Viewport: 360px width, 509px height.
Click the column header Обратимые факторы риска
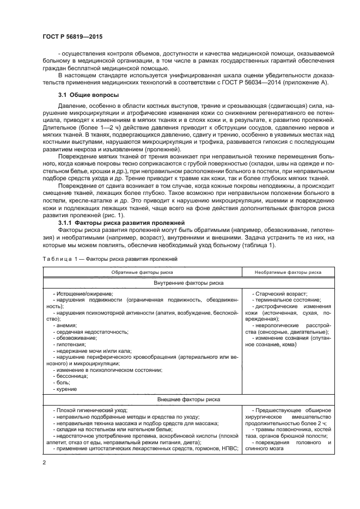coord(143,272)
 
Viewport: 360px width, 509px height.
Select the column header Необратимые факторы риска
coord(288,272)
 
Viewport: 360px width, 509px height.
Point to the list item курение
coord(66,389)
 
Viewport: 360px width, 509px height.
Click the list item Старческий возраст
coord(281,293)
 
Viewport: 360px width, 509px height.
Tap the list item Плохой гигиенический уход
coord(90,409)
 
